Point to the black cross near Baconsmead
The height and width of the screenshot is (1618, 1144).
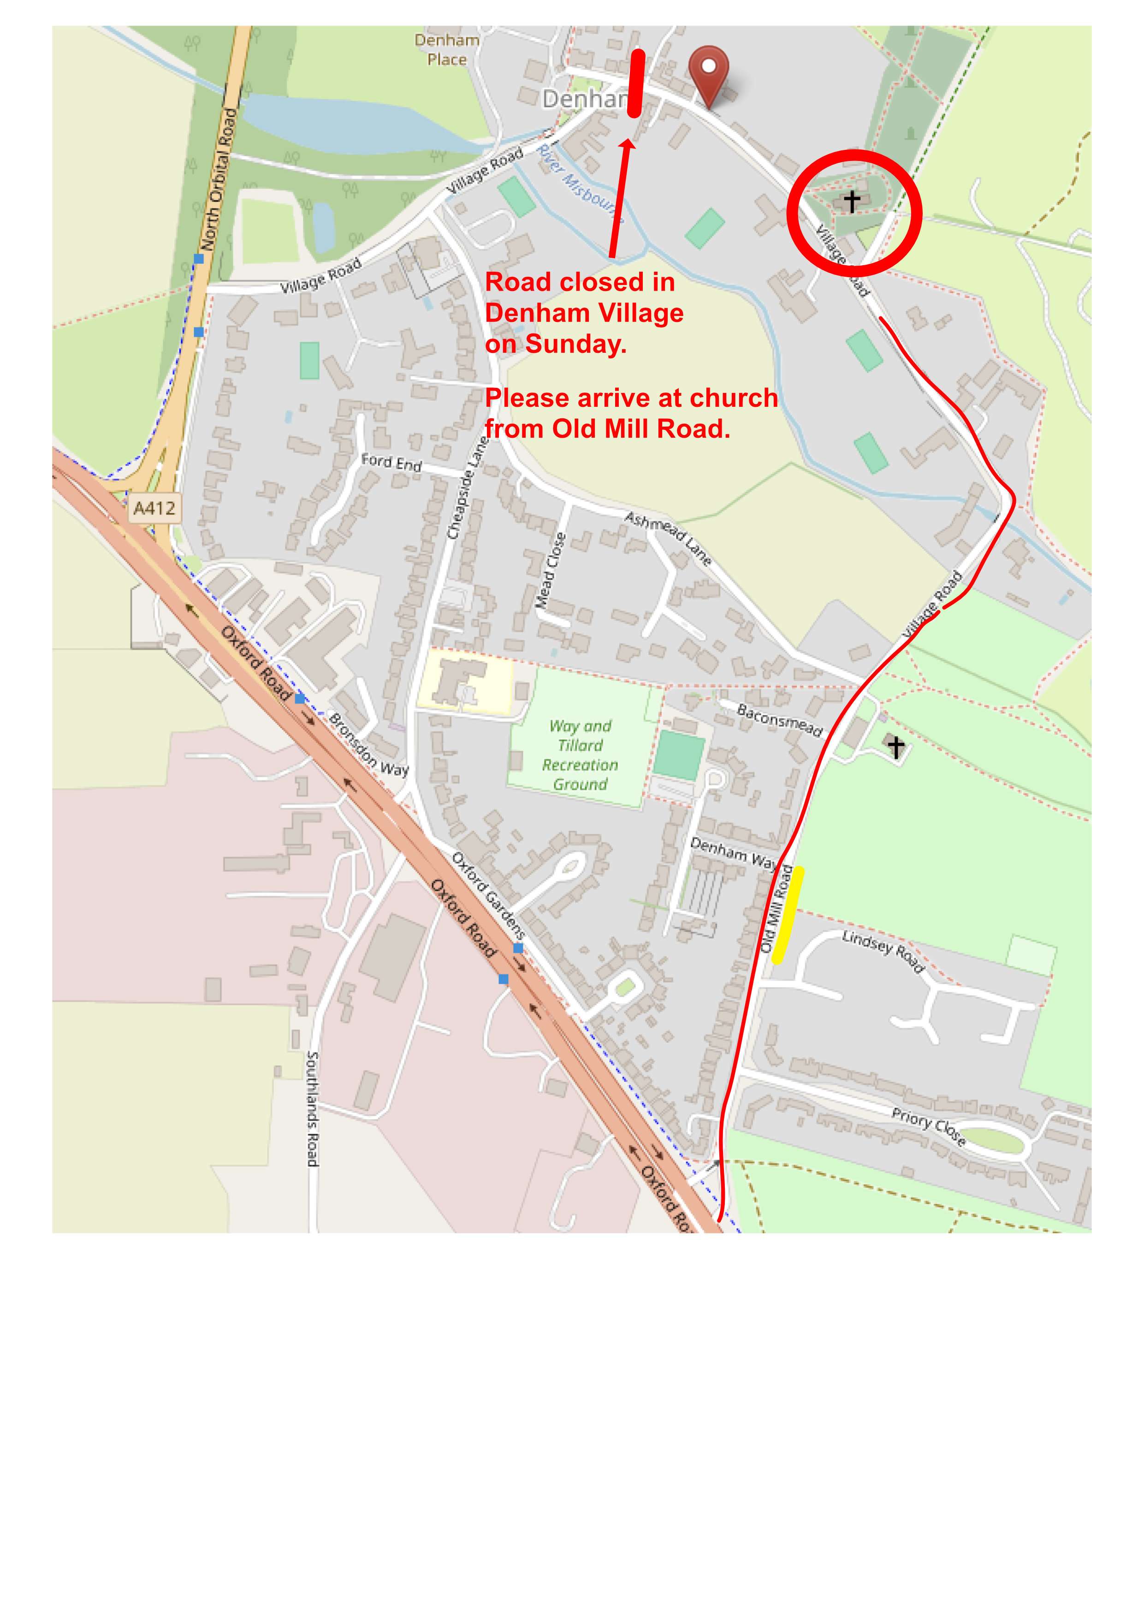coord(895,745)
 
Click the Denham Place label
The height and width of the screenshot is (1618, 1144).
coord(447,50)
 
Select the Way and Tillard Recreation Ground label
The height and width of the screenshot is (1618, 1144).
coord(580,755)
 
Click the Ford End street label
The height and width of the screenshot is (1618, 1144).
coord(391,462)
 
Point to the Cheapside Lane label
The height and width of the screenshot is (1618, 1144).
coord(468,488)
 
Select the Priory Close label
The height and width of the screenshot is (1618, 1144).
coord(929,1125)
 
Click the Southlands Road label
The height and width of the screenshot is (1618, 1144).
coord(313,1108)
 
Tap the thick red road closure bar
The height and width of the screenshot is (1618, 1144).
coord(636,83)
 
